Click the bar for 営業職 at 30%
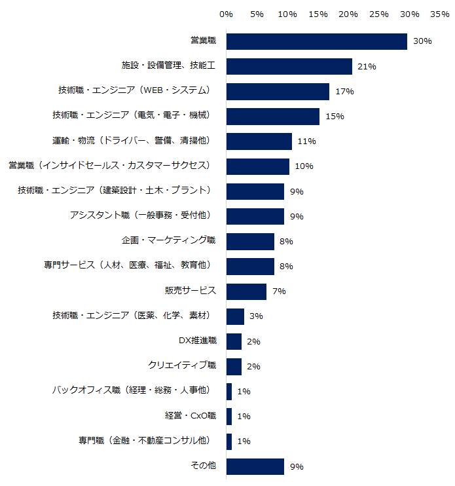pyautogui.click(x=317, y=41)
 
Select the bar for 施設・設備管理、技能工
pyautogui.click(x=289, y=66)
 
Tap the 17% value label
pyautogui.click(x=344, y=92)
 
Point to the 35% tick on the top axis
pyautogui.click(x=439, y=14)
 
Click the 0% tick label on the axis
pyautogui.click(x=227, y=14)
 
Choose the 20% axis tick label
pyautogui.click(x=348, y=14)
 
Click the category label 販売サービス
pyautogui.click(x=190, y=291)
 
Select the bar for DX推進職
pyautogui.click(x=234, y=341)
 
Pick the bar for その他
pyautogui.click(x=255, y=466)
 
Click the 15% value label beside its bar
pyautogui.click(x=335, y=117)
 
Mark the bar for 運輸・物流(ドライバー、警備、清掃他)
pyautogui.click(x=259, y=141)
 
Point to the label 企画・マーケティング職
pyautogui.click(x=168, y=241)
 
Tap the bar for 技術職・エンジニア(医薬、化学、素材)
pyautogui.click(x=235, y=316)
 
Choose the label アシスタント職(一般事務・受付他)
pyautogui.click(x=140, y=215)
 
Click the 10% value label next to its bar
pyautogui.click(x=304, y=166)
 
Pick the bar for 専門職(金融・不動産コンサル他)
pyautogui.click(x=229, y=441)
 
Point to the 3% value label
pyautogui.click(x=256, y=316)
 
